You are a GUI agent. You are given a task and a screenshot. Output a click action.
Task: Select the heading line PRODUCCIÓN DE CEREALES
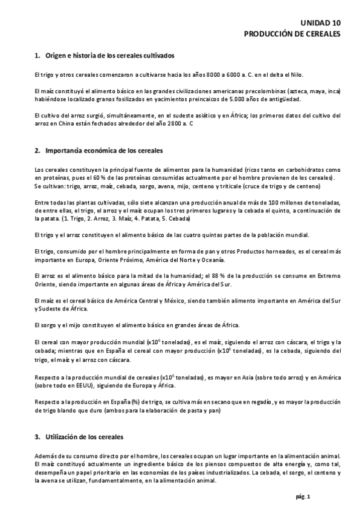click(292, 34)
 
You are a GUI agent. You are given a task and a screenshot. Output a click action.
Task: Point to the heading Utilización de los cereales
click(88, 435)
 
